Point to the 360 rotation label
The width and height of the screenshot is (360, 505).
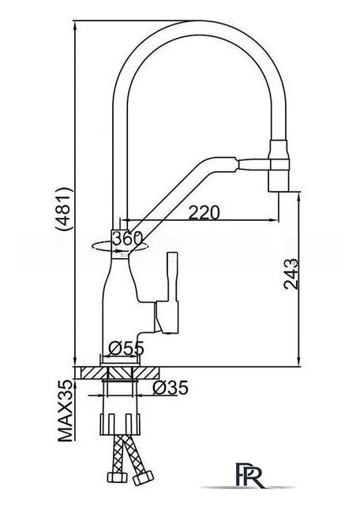[x=126, y=238]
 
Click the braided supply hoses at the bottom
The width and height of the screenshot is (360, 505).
[x=125, y=466]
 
